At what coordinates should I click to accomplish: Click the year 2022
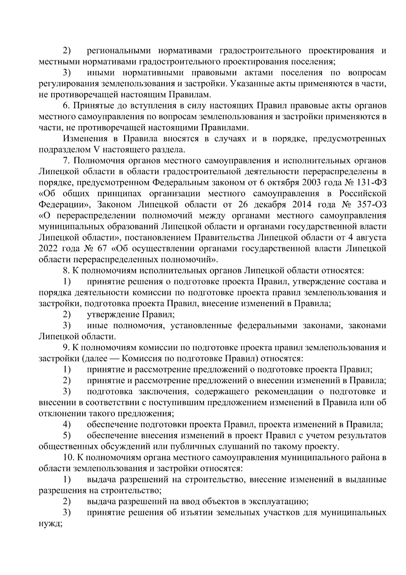(x=49, y=248)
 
